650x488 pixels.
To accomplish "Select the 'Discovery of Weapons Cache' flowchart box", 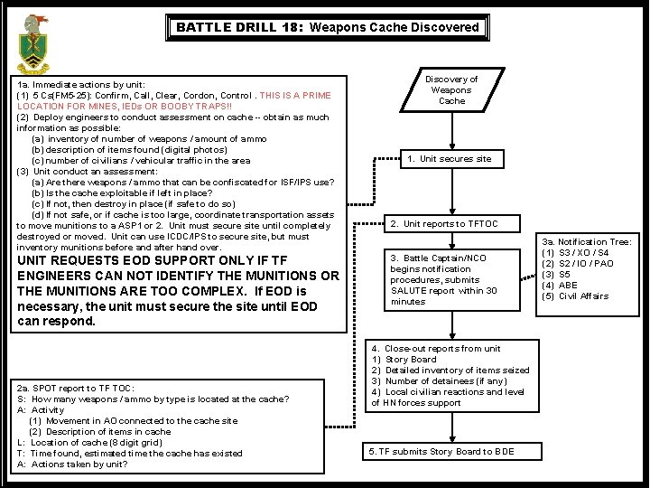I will tap(451, 90).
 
